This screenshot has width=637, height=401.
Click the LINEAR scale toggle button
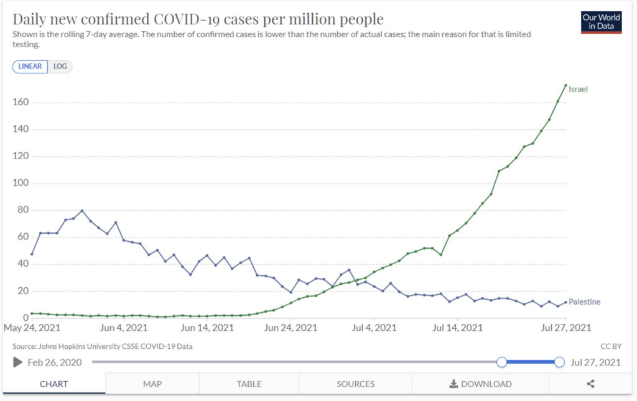tap(30, 67)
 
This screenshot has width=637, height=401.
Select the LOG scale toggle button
tap(60, 67)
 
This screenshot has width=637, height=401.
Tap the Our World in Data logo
tap(601, 22)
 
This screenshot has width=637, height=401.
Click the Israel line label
tap(578, 90)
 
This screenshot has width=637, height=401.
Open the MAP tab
tap(152, 384)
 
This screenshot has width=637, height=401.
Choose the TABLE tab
tap(249, 384)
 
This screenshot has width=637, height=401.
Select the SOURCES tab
tap(355, 384)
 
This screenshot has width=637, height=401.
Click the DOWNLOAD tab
tap(480, 384)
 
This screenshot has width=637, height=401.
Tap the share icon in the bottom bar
tap(590, 384)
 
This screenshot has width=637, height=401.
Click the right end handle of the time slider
tap(559, 362)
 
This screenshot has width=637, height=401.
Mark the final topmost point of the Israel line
tap(565, 85)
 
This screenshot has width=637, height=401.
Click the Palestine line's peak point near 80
tap(82, 211)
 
